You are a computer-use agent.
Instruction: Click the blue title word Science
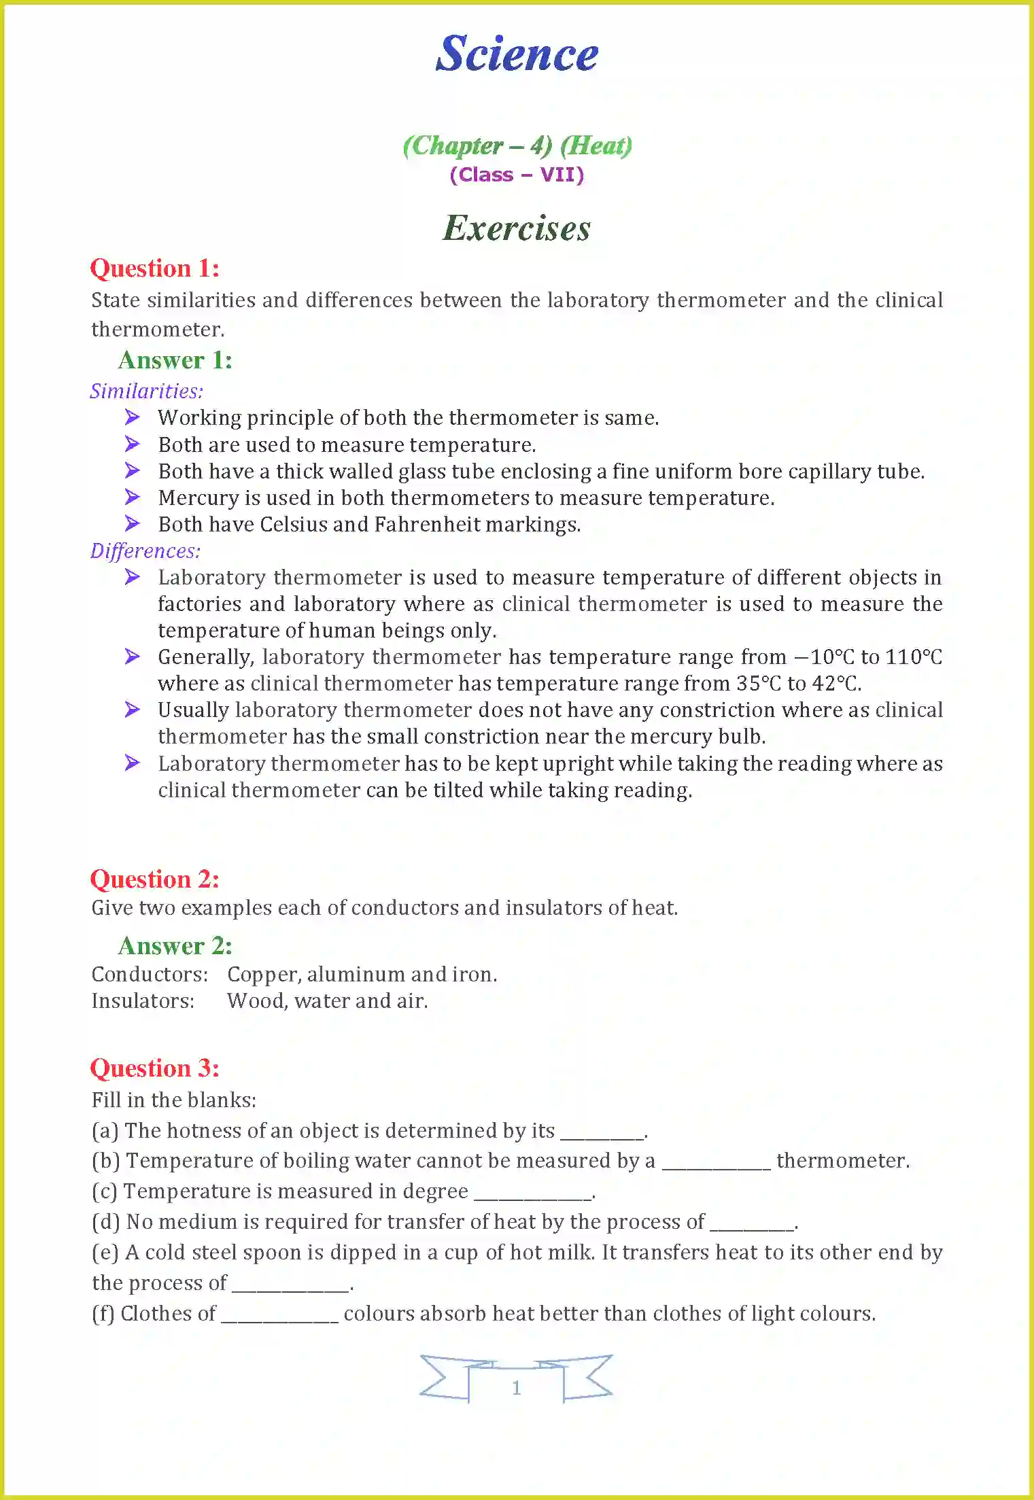[517, 54]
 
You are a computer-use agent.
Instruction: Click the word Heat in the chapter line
[596, 145]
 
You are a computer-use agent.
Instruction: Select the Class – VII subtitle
[517, 175]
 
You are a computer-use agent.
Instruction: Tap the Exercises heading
[517, 228]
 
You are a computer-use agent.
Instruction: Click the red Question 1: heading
[155, 268]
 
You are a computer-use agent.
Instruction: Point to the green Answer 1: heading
[175, 360]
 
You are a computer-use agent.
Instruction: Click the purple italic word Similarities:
[147, 391]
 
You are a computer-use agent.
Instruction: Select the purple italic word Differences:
[145, 551]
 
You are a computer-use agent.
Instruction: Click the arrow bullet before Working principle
[133, 417]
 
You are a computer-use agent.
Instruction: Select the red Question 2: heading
[155, 879]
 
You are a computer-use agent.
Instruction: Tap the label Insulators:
[143, 1001]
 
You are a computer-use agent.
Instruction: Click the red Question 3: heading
[155, 1068]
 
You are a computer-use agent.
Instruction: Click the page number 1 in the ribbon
[517, 1388]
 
